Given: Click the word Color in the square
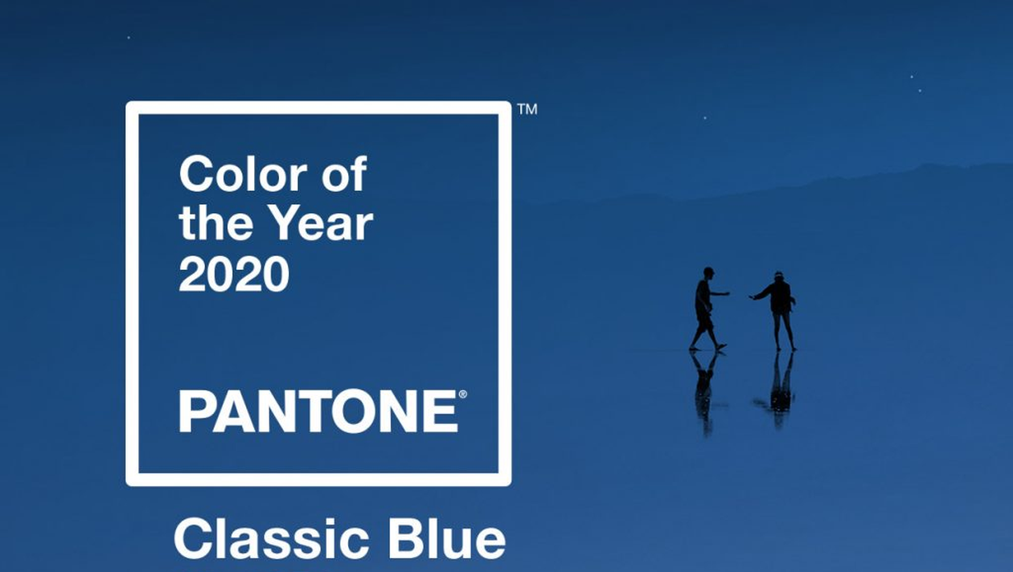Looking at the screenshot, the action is (x=244, y=174).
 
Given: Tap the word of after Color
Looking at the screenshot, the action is (x=345, y=174).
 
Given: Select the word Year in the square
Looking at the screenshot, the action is (x=323, y=223).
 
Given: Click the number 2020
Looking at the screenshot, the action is (x=234, y=274).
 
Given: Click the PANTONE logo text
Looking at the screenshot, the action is (x=318, y=411).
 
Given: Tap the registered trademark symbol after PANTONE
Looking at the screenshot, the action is (x=462, y=395).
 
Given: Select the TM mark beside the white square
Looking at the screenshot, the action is (x=527, y=109).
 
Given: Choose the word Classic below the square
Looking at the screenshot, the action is (x=272, y=540).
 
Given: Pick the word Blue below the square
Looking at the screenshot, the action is (x=447, y=540).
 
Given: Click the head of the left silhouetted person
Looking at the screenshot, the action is (x=708, y=273).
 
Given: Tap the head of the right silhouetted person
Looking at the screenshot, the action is (x=778, y=277).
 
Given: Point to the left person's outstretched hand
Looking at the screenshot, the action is (x=725, y=294).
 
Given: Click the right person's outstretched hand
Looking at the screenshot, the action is (x=753, y=296).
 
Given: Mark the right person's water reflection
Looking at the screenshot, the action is (x=779, y=390).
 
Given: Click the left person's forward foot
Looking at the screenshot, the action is (x=721, y=347).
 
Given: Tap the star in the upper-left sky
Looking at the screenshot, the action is (x=129, y=38).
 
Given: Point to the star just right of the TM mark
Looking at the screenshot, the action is (x=704, y=118).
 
